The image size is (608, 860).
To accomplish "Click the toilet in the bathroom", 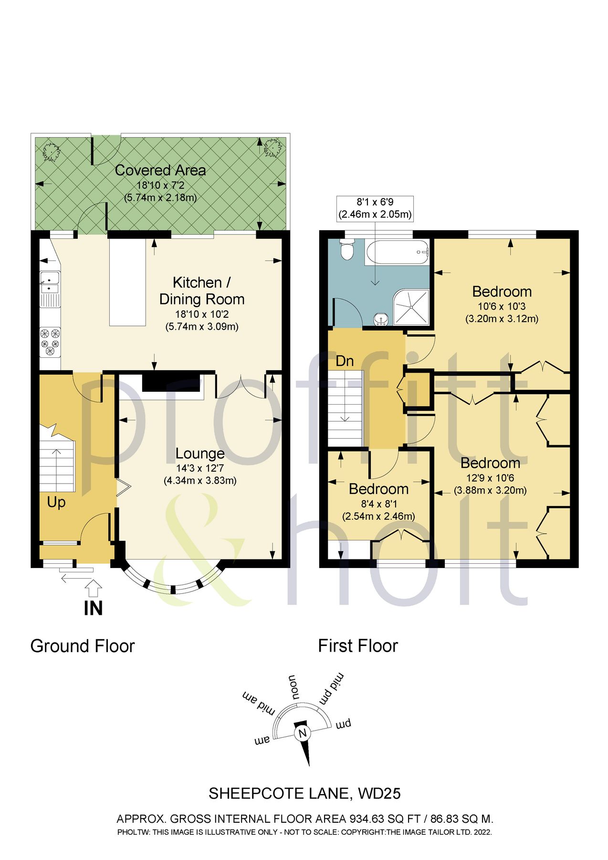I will [346, 250].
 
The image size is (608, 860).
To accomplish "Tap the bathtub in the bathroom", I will [396, 252].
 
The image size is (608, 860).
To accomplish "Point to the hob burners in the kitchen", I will [50, 342].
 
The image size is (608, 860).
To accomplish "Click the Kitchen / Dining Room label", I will [201, 290].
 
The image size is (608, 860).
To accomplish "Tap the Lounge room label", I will [200, 453].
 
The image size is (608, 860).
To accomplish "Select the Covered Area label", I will [160, 170].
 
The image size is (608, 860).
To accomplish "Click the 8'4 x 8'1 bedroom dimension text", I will [379, 504].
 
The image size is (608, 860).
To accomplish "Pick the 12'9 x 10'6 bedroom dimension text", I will [490, 477].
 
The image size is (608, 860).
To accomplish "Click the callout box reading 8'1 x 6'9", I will [375, 208].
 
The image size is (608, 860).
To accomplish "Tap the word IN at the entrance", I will [93, 608].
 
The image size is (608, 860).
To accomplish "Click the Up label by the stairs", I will [56, 502].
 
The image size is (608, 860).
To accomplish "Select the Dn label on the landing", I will [345, 361].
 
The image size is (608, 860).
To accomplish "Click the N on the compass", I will [302, 733].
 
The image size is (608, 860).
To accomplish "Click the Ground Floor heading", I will [83, 646].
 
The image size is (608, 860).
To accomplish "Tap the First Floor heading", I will [358, 646].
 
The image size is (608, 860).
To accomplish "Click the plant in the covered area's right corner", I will [272, 148].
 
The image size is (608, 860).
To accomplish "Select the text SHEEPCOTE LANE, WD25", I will [304, 794].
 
